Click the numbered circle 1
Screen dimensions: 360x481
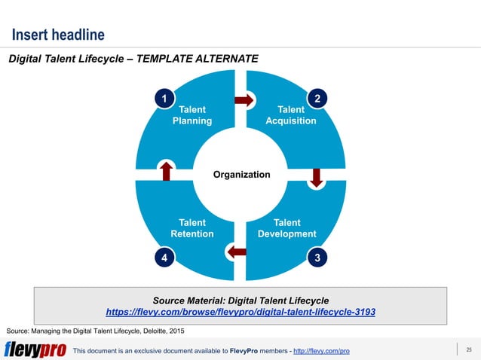click(x=161, y=99)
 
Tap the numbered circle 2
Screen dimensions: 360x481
click(x=318, y=99)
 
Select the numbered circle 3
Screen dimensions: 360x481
click(x=318, y=258)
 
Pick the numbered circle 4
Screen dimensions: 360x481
click(x=161, y=258)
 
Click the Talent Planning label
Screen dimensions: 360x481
click(x=192, y=115)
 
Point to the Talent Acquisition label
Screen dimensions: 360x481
click(x=291, y=115)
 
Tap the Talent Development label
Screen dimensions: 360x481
click(x=287, y=228)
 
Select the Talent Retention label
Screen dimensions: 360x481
click(x=191, y=228)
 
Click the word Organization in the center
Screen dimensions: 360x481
click(x=241, y=175)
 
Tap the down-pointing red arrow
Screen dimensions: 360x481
click(x=317, y=176)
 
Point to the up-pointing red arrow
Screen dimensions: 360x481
click(x=166, y=170)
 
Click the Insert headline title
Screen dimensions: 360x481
click(x=57, y=35)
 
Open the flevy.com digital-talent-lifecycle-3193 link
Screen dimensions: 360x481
click(x=240, y=311)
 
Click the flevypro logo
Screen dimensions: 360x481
click(x=35, y=350)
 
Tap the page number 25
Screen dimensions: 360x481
click(x=468, y=349)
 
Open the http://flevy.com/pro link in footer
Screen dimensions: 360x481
click(x=321, y=351)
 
